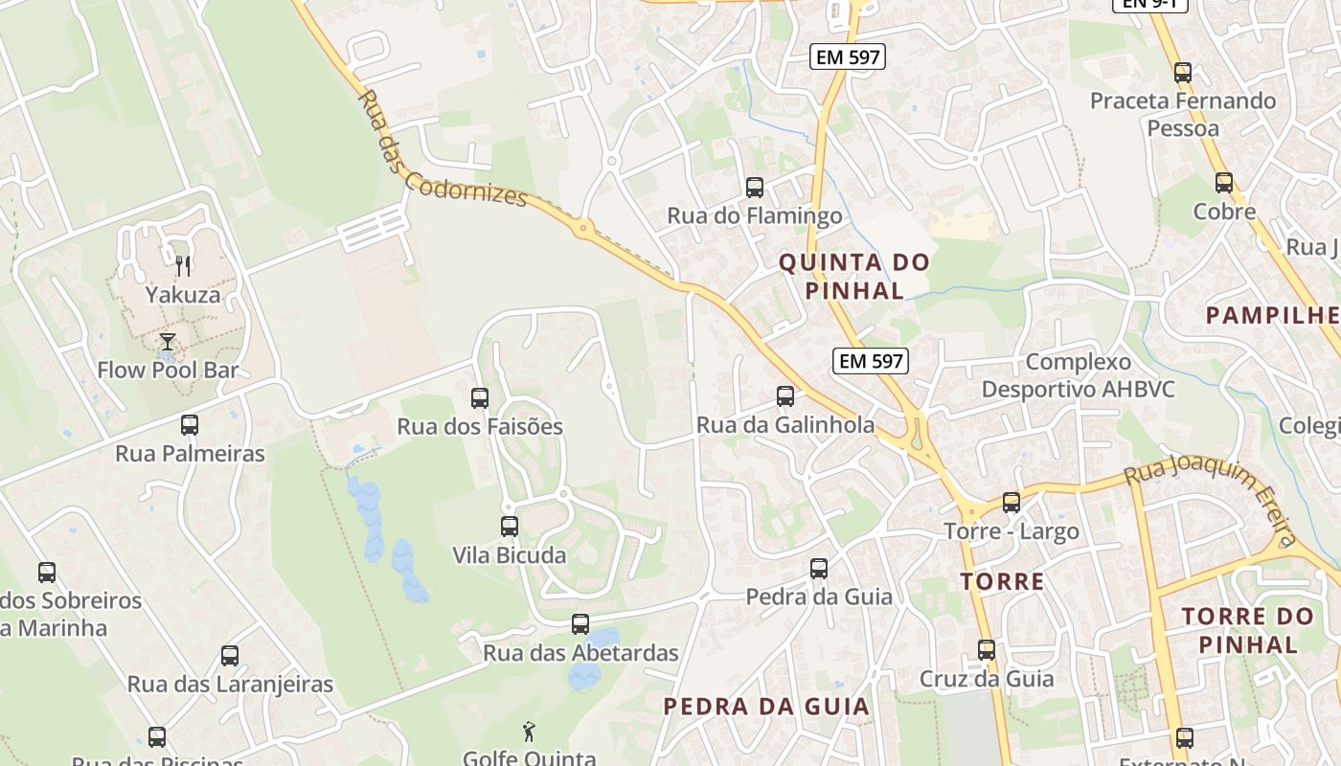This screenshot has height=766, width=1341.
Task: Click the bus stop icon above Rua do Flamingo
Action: tap(755, 188)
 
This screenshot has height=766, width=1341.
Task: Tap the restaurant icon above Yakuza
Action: tap(183, 265)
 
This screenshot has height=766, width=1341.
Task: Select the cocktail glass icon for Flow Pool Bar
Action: tap(168, 341)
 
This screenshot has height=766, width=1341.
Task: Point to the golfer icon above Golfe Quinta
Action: tap(529, 732)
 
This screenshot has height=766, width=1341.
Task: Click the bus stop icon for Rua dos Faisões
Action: tap(480, 398)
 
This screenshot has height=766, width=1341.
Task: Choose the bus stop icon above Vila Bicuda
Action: tap(510, 527)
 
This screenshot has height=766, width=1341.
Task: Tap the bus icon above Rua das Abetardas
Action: tap(580, 624)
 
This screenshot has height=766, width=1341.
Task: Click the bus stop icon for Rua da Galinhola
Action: tap(785, 396)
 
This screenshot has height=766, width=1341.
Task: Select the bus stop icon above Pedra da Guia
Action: tap(819, 569)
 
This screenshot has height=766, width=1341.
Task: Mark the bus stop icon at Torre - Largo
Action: tap(1011, 503)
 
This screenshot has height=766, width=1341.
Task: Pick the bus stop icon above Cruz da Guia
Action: tap(987, 651)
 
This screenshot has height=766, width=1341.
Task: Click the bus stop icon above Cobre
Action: tap(1224, 183)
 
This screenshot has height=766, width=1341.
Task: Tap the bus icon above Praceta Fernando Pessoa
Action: tap(1183, 73)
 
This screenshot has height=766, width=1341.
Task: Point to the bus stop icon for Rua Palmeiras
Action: tap(190, 425)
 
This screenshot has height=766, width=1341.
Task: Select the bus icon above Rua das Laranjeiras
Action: tap(230, 656)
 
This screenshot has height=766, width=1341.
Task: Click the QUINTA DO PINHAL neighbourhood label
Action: tap(854, 276)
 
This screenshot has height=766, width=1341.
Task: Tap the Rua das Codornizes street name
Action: tap(442, 150)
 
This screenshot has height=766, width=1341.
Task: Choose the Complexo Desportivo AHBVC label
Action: tap(1078, 375)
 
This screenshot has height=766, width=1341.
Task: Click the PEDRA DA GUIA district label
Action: tap(766, 707)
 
